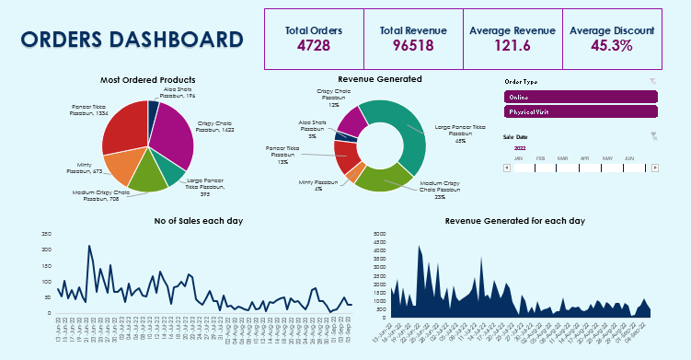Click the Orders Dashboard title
point(132,40)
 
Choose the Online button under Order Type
point(581,96)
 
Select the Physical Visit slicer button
point(581,111)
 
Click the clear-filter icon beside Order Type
point(652,82)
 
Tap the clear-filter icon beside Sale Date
point(653,136)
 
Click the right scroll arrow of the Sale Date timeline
point(654,168)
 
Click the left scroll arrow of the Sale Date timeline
point(507,168)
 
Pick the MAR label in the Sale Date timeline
point(562,158)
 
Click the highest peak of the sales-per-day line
point(89,246)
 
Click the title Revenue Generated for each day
point(514,221)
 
